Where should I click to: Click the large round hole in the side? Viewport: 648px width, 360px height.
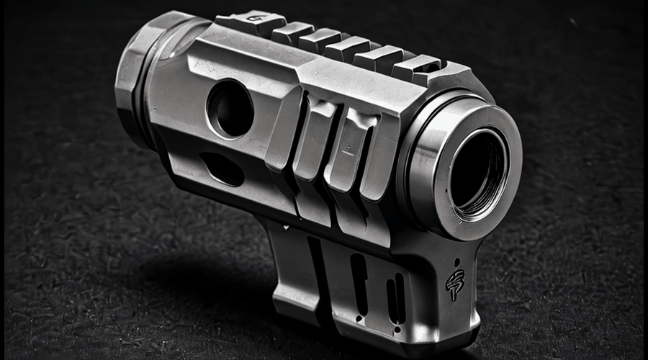click(x=230, y=109)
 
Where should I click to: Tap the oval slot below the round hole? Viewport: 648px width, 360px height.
click(x=221, y=168)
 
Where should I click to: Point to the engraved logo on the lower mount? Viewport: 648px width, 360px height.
click(x=454, y=284)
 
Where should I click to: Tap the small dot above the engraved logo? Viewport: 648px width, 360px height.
click(x=456, y=263)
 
